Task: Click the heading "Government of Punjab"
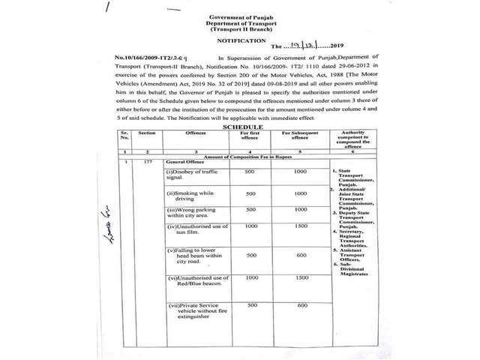tap(240, 16)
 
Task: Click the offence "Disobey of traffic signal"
tap(190, 196)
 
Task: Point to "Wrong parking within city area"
tap(192, 234)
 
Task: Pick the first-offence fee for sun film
tap(252, 247)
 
